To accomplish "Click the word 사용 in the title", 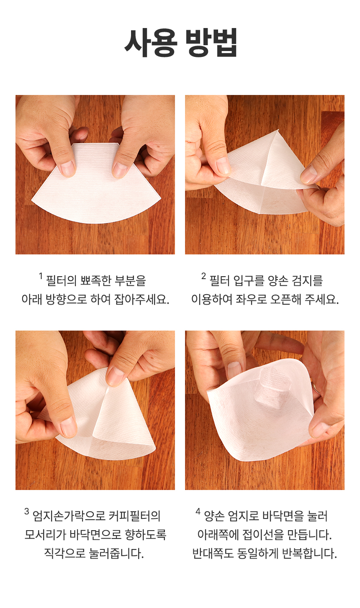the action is pos(151,43).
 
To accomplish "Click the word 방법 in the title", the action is pos(211,43).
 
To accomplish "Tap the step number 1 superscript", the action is pos(41,276).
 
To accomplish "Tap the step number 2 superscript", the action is pos(203,276).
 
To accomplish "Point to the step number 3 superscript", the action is pos(27,512).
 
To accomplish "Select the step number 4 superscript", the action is pos(198,512).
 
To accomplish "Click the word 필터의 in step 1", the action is pos(62,281).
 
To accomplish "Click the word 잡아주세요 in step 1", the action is pos(141,299).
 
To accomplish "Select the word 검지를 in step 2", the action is pos(307,281).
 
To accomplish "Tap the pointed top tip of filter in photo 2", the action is pos(278,130).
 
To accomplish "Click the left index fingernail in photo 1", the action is pos(67,168).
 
